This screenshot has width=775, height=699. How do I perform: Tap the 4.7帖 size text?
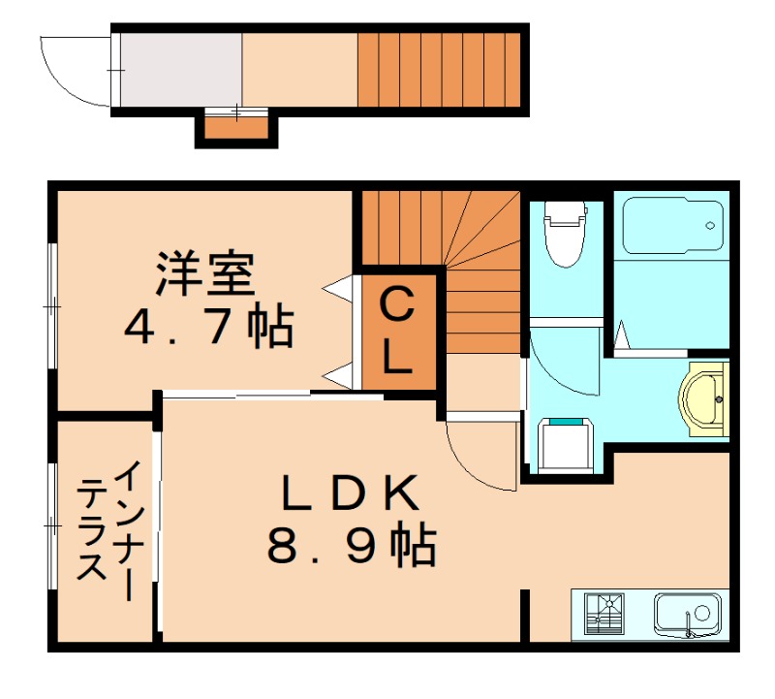[x=207, y=329]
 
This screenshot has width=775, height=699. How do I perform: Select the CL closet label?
[x=396, y=333]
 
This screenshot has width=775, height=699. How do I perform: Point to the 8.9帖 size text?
[x=351, y=548]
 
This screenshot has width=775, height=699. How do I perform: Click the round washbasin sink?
[x=705, y=397]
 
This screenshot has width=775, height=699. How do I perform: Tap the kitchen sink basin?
[x=686, y=613]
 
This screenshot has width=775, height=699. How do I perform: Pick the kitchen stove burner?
[x=606, y=613]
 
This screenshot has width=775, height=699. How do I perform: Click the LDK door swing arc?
[x=475, y=456]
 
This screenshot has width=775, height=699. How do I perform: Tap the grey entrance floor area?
[x=180, y=70]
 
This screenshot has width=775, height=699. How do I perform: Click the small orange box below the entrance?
[x=236, y=126]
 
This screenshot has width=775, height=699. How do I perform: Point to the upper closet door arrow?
[x=339, y=287]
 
